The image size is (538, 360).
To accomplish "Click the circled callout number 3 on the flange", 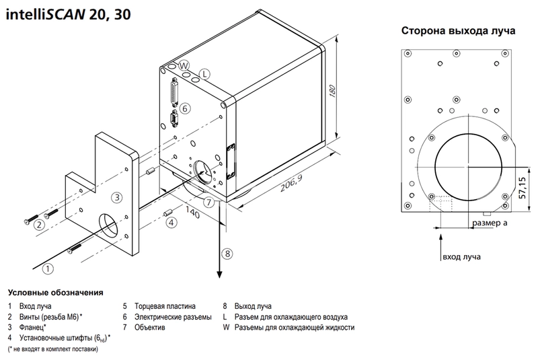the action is click(x=117, y=197).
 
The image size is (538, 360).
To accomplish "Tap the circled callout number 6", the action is click(x=185, y=109).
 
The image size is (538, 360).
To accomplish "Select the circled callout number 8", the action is click(x=227, y=254).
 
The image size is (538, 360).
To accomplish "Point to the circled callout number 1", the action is click(x=48, y=268).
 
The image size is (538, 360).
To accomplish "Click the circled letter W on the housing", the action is click(x=184, y=65).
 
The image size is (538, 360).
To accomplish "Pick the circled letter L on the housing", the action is click(x=204, y=74).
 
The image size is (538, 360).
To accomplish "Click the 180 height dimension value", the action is click(x=332, y=91).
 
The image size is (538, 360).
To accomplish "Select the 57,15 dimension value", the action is click(x=522, y=188).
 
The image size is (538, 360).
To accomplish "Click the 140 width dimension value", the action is click(x=192, y=212).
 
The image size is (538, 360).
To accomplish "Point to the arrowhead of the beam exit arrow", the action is click(x=219, y=275).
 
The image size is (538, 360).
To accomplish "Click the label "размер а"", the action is click(x=490, y=223).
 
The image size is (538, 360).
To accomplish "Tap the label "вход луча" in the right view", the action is click(x=461, y=256).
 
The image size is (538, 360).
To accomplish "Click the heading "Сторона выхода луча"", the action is click(x=458, y=30).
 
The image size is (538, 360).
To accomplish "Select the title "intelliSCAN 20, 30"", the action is click(x=69, y=14).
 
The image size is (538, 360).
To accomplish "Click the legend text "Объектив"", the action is click(x=149, y=328).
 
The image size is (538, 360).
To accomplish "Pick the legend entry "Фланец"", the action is click(x=32, y=328).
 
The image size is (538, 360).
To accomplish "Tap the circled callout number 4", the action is click(x=171, y=222).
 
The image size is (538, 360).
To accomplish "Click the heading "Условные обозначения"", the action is click(x=56, y=293).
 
